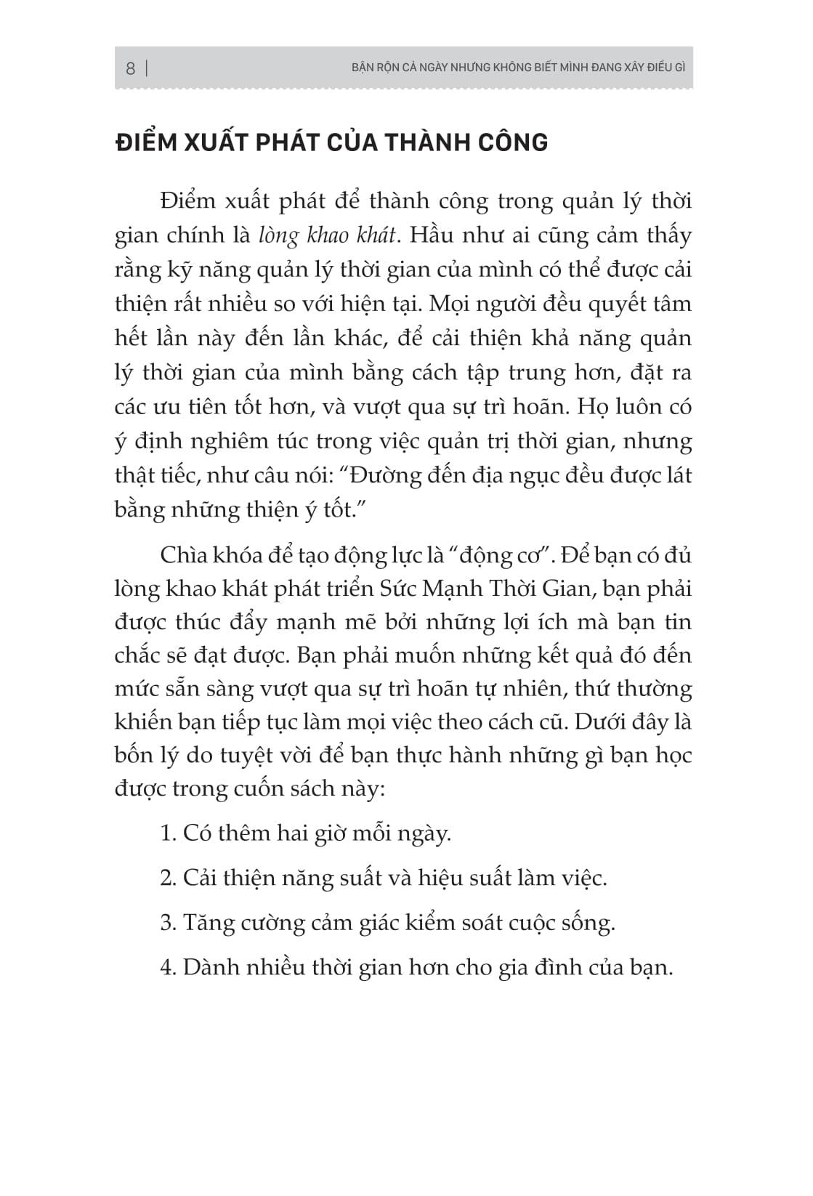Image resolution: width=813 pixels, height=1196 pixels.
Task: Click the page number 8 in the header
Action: point(131,69)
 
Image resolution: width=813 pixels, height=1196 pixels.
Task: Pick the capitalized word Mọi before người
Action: point(451,304)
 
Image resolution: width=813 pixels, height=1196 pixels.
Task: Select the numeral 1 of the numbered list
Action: point(166,833)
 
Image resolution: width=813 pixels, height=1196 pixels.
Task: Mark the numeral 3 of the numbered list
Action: point(166,923)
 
